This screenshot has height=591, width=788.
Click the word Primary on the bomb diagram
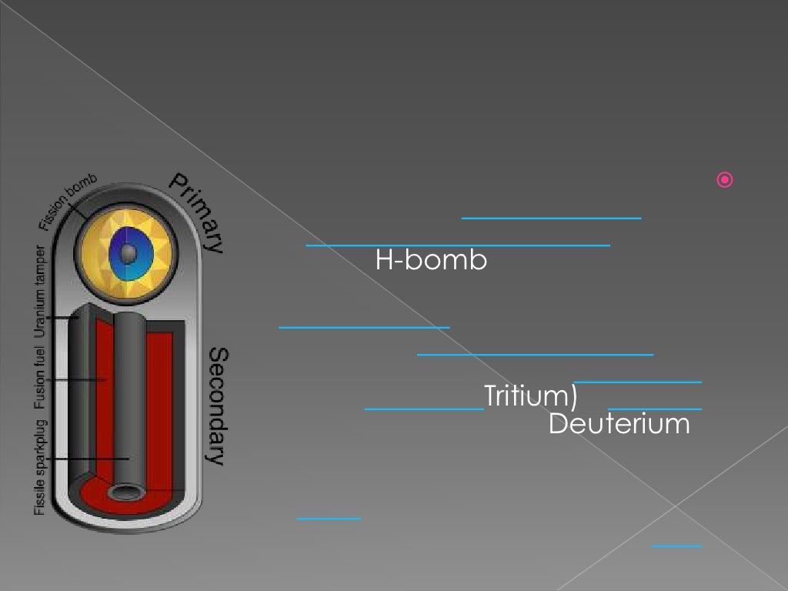pyautogui.click(x=197, y=212)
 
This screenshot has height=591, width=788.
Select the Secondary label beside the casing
pyautogui.click(x=219, y=406)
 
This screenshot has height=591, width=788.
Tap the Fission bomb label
pyautogui.click(x=68, y=202)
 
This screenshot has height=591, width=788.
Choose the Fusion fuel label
pyautogui.click(x=40, y=378)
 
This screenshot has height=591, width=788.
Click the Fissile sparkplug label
pyautogui.click(x=40, y=466)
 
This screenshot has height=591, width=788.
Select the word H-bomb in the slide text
pyautogui.click(x=431, y=261)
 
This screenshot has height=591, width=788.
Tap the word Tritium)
pyautogui.click(x=531, y=396)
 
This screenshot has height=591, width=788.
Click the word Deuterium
pyautogui.click(x=619, y=424)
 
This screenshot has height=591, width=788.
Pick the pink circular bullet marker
pyautogui.click(x=725, y=181)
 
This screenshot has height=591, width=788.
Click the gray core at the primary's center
pyautogui.click(x=129, y=252)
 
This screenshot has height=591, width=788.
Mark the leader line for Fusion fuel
pyautogui.click(x=77, y=379)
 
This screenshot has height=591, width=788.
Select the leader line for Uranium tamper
pyautogui.click(x=62, y=317)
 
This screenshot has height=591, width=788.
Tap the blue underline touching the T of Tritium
pyautogui.click(x=424, y=409)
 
